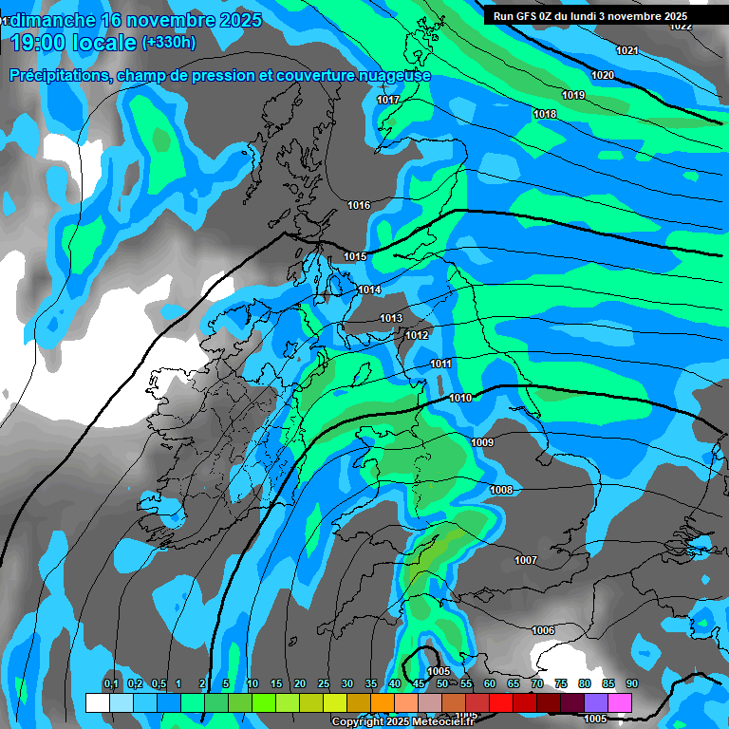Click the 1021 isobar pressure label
coord(627,50)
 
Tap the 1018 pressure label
coord(545,115)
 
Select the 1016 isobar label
coord(359,205)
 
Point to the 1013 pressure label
coord(391,318)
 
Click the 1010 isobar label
coord(460,398)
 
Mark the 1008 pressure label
coord(501,490)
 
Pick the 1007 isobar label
coord(526,560)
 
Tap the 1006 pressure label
coord(543,630)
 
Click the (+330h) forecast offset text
coord(169,43)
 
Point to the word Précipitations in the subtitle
coord(61,75)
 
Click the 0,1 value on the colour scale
coord(111,684)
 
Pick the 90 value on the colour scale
coord(632,684)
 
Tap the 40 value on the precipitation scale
coord(395,684)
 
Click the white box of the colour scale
coord(97,702)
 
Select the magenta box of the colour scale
coord(620,702)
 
